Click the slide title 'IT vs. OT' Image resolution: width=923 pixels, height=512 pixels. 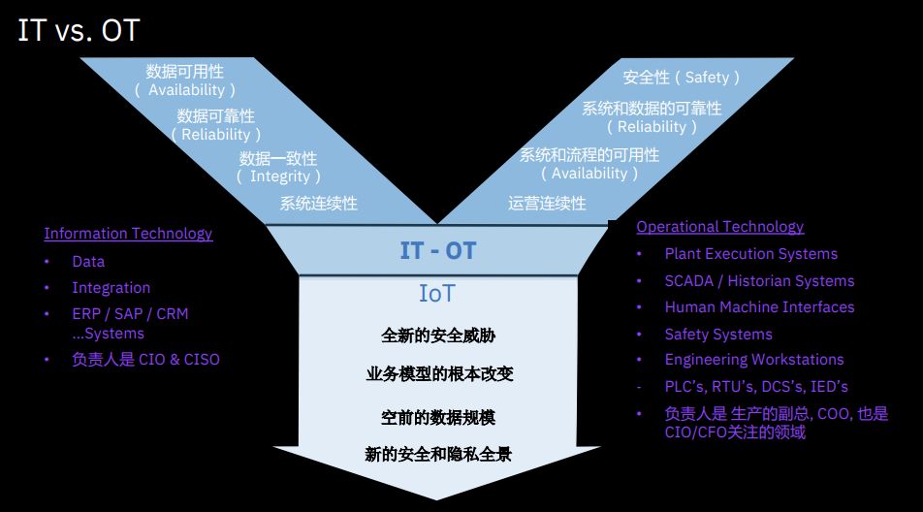pyautogui.click(x=79, y=30)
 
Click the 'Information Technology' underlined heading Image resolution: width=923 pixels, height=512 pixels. pyautogui.click(x=128, y=234)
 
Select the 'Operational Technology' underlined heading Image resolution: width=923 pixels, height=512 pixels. pyautogui.click(x=719, y=227)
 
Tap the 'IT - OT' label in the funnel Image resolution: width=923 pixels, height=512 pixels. pyautogui.click(x=438, y=251)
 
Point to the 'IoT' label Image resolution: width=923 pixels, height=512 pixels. pyautogui.click(x=437, y=294)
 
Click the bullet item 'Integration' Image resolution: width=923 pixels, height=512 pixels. pyautogui.click(x=111, y=288)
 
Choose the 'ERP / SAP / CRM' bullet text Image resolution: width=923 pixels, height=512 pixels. pyautogui.click(x=130, y=314)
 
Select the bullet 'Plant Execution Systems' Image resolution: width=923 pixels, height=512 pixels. pyautogui.click(x=750, y=254)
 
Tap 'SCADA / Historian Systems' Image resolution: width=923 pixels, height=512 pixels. pyautogui.click(x=759, y=281)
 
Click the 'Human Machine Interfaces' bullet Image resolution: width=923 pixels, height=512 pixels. pyautogui.click(x=759, y=307)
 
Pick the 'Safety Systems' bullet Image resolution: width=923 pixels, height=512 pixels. pyautogui.click(x=718, y=335)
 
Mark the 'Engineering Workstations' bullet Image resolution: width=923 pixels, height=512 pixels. pyautogui.click(x=753, y=360)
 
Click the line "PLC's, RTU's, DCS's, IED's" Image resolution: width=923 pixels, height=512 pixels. pyautogui.click(x=756, y=387)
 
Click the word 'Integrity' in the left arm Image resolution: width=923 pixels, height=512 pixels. pyautogui.click(x=280, y=176)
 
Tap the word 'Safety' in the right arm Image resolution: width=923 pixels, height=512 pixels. pyautogui.click(x=707, y=78)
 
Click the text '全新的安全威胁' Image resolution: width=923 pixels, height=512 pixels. pyautogui.click(x=438, y=336)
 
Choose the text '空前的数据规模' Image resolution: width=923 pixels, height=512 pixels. pyautogui.click(x=438, y=418)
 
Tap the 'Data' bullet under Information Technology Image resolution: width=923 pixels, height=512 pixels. pyautogui.click(x=88, y=262)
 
